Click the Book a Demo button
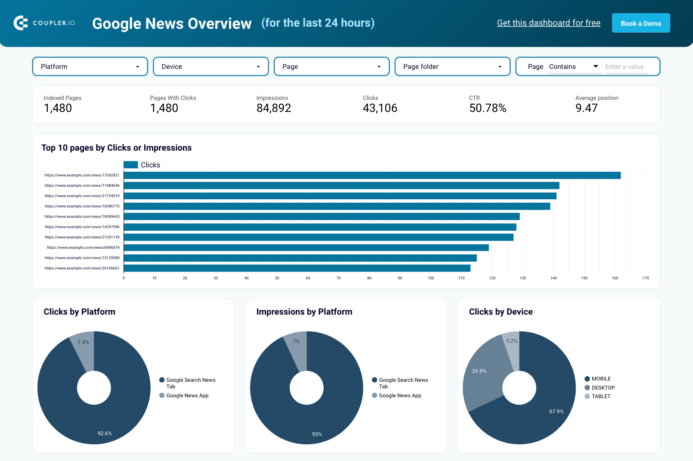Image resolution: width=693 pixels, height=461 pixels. (x=641, y=23)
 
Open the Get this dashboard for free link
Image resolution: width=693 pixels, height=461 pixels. (x=548, y=23)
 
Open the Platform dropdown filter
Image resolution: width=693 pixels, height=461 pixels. (x=90, y=67)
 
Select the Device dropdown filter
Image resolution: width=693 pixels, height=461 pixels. (x=211, y=67)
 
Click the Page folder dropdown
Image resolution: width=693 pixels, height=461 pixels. (x=452, y=67)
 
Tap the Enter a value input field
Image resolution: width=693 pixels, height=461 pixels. (x=625, y=67)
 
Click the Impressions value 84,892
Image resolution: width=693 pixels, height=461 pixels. (x=274, y=108)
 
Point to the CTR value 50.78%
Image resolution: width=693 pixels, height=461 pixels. (x=488, y=108)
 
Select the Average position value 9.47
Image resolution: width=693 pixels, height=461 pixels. (x=586, y=108)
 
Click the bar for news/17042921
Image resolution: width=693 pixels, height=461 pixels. (x=372, y=175)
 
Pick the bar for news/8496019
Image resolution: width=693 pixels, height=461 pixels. (x=306, y=248)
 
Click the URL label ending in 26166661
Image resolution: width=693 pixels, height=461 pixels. (x=82, y=268)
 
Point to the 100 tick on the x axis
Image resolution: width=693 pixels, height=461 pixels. (x=430, y=278)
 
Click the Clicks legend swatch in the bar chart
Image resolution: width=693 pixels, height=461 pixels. (x=130, y=165)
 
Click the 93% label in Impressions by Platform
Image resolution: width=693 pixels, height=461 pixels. (x=317, y=434)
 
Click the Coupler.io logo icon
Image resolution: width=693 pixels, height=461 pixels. (x=21, y=23)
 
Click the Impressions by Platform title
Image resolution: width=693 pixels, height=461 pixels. (x=304, y=312)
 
